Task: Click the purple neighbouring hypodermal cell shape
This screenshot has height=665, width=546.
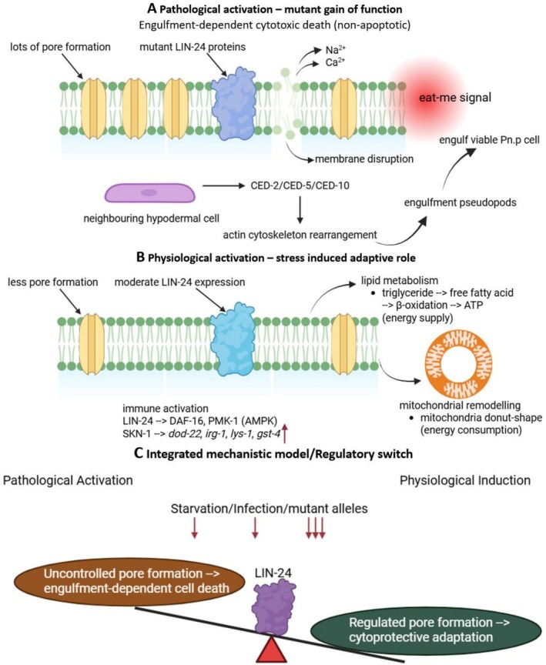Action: coord(150,193)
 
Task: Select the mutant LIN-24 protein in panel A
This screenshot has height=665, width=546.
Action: coord(234,103)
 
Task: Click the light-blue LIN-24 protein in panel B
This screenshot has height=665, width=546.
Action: coord(233,339)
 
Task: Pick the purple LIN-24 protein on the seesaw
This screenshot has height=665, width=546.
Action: coord(273,607)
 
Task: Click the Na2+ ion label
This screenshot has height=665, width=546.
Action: coord(335,50)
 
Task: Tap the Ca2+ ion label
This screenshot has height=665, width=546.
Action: coord(335,62)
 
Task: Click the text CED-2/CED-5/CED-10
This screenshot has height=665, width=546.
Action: coord(300,185)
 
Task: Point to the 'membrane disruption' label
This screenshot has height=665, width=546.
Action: coord(364,159)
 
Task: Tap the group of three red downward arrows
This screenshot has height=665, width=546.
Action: coord(315,529)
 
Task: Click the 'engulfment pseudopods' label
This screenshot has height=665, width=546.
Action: coord(461,202)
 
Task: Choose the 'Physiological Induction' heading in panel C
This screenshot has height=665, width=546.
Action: coord(465,480)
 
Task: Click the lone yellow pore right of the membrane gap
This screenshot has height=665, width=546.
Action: coord(344,109)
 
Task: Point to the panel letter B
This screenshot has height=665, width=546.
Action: coord(141,257)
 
